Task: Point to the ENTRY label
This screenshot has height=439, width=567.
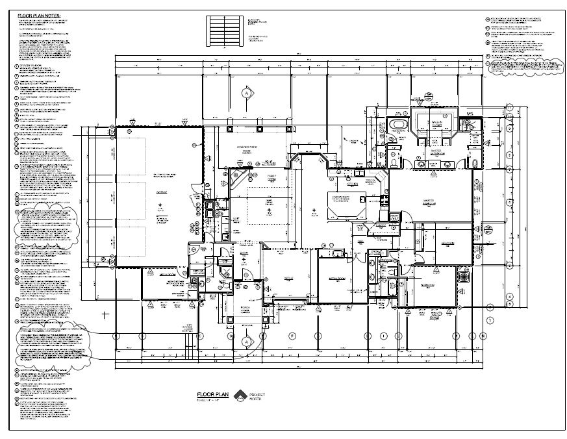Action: pos(245,255)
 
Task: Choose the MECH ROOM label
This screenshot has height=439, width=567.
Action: pos(170,275)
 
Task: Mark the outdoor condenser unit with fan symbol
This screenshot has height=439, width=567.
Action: pos(464,277)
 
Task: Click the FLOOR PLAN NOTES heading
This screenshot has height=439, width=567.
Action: pos(39,14)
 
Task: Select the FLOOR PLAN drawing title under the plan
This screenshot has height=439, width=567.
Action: pos(214,394)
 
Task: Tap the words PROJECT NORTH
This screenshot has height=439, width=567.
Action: pos(257,396)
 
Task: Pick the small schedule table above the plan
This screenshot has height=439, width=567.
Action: pos(223,29)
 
